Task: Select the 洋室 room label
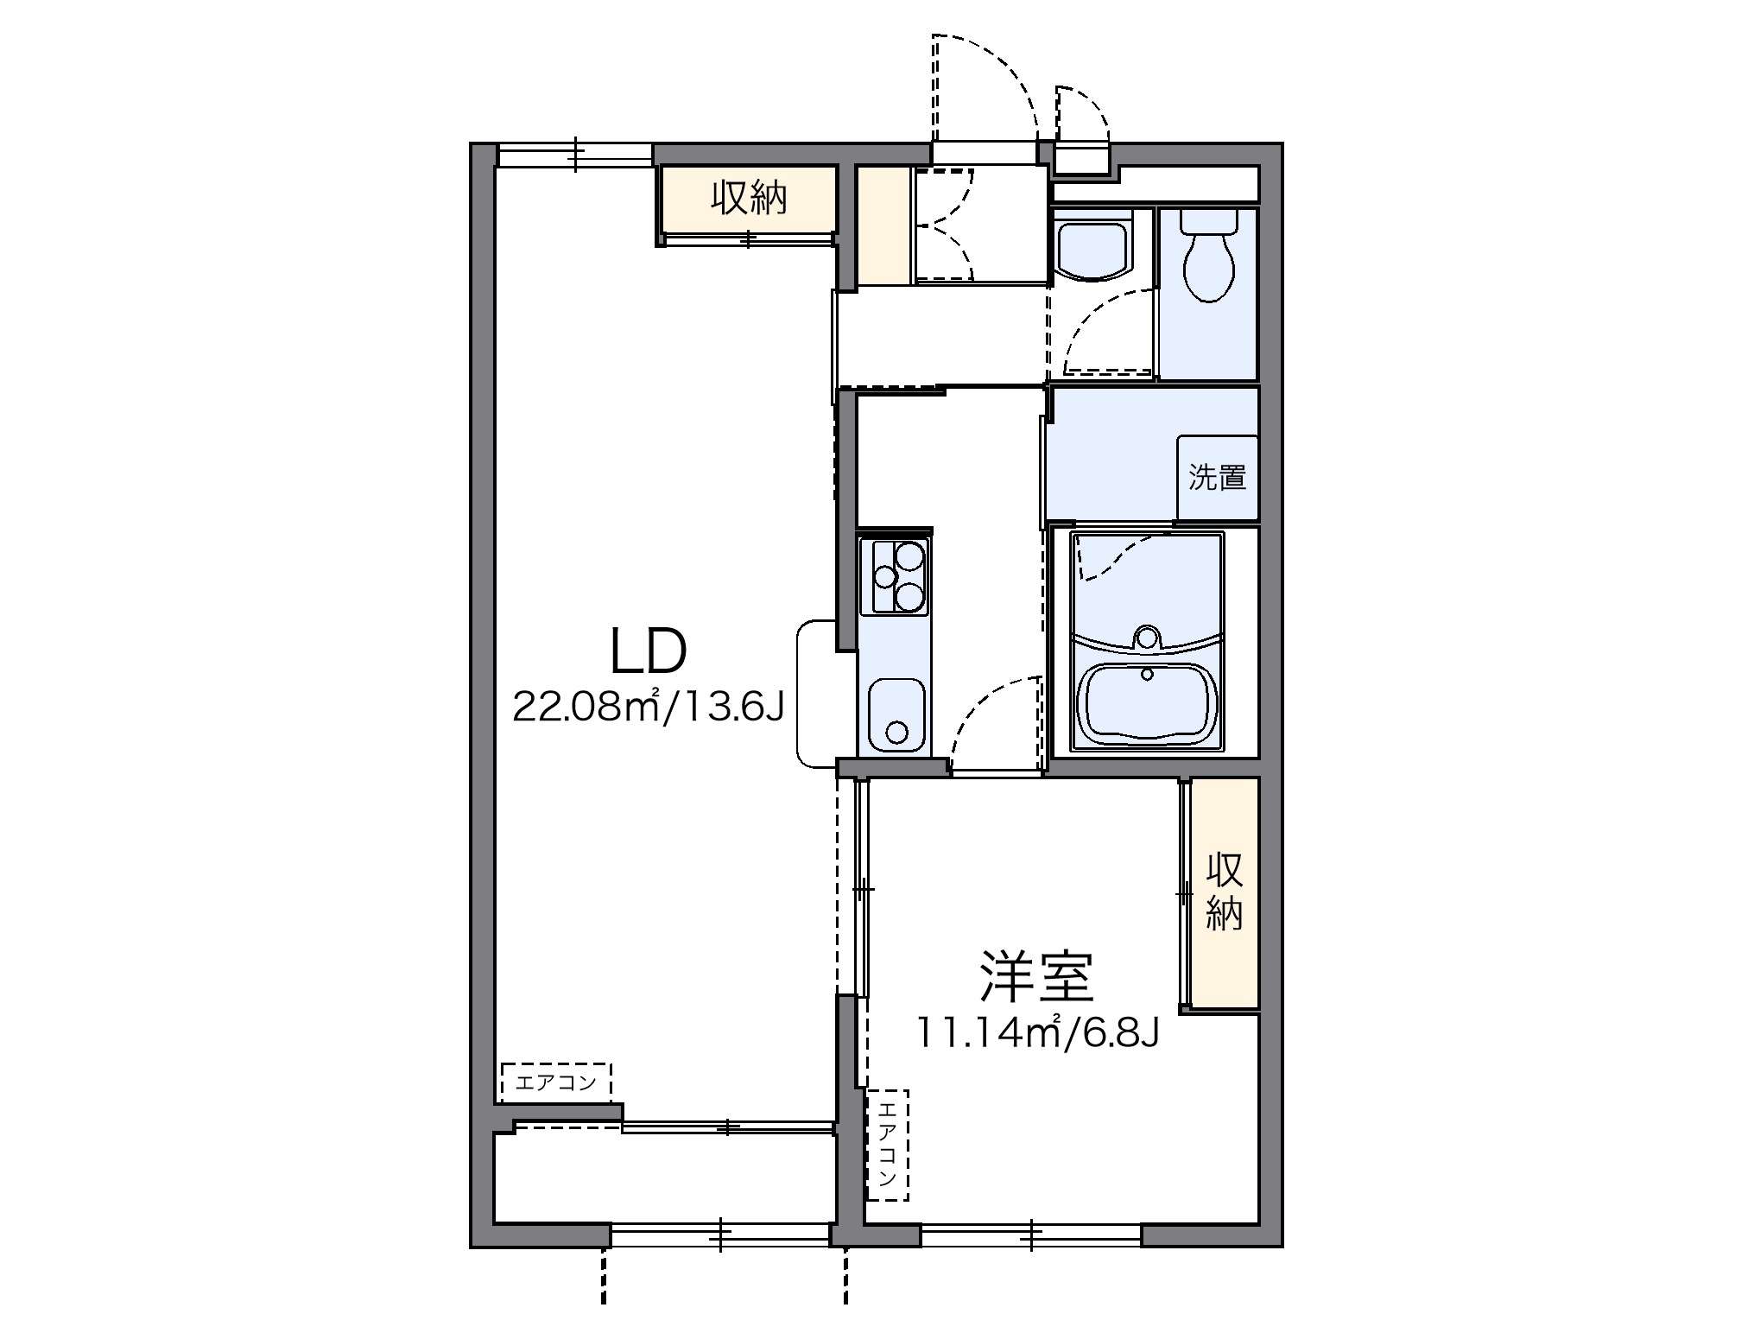(x=1036, y=977)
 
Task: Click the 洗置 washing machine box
(x=1217, y=477)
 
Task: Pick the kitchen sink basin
(x=897, y=714)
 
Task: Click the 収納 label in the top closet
(x=748, y=199)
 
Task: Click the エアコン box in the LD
(x=555, y=1082)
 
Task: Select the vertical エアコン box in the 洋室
(x=888, y=1145)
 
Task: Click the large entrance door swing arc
(x=985, y=86)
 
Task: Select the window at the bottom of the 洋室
(x=1031, y=1235)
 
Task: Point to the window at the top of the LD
(x=574, y=156)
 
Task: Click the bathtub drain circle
(x=1147, y=674)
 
